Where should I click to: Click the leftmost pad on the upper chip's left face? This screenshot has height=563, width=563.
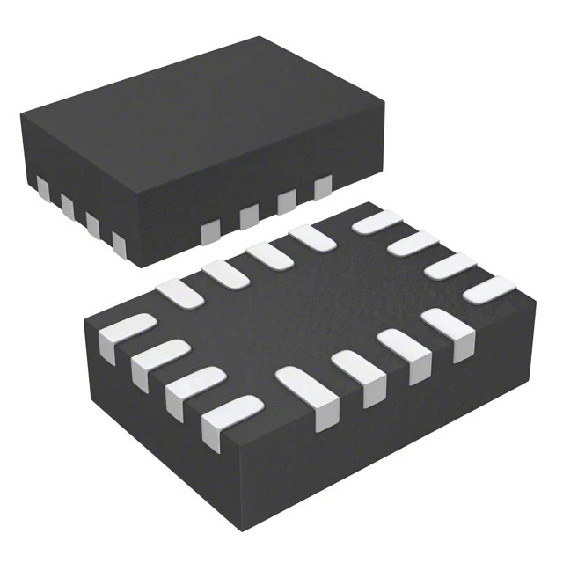coord(42,186)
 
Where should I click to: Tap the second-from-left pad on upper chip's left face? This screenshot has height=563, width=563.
coord(67,203)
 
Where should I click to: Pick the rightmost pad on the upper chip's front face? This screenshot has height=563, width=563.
coord(322,186)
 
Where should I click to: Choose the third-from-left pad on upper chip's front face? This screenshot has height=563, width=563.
coord(286,201)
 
